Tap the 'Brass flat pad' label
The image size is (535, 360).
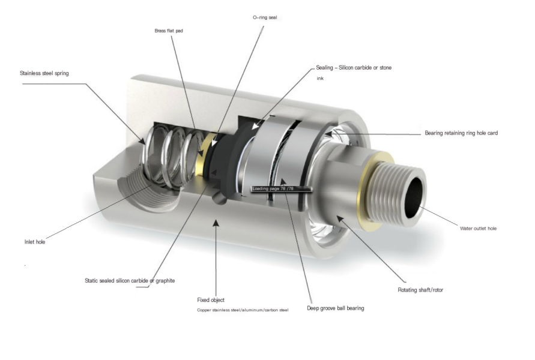169,29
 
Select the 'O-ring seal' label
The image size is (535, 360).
265,18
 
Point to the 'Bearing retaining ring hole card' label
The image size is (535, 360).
461,133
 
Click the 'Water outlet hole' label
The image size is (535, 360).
478,228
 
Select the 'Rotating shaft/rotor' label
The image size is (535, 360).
420,290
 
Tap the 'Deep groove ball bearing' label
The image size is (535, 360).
336,308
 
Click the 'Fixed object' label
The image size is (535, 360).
211,299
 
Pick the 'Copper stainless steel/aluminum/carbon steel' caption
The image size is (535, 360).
243,310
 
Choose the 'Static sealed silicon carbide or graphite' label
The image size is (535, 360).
130,280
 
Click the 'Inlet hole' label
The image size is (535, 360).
34,242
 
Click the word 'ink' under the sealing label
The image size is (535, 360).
320,79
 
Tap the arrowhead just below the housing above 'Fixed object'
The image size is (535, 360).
216,224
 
